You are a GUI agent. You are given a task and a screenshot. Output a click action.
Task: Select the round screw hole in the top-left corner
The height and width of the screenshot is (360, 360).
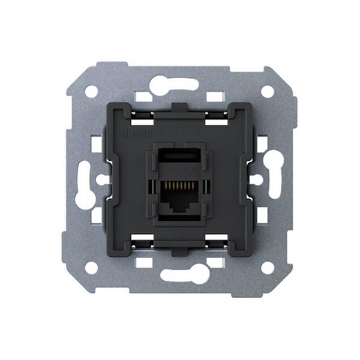pos(91,91)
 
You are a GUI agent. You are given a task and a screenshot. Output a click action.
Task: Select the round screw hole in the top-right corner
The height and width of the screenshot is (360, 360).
pos(268,91)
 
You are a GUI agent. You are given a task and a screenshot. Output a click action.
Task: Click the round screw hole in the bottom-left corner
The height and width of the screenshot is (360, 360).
pos(91,268)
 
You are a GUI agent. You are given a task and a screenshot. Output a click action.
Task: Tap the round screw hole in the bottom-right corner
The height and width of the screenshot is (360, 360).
pos(268,268)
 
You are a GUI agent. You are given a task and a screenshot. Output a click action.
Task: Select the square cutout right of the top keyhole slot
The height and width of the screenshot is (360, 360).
pos(215,96)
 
